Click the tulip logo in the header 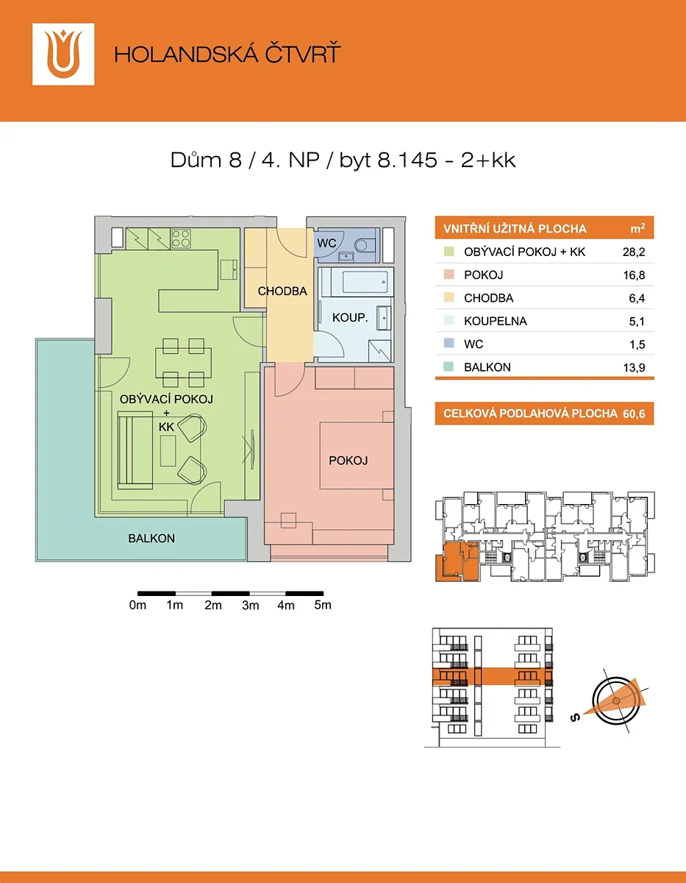pos(63,54)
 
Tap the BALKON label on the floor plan pos(151,539)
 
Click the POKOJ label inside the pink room pos(348,461)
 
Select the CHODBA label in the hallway pos(282,291)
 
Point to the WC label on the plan pos(326,243)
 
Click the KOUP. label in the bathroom pos(350,318)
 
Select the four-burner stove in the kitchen pos(181,239)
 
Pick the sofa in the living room pos(135,450)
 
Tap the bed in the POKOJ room pos(357,455)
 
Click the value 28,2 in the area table pos(634,252)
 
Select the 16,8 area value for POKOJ pos(634,275)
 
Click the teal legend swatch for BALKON pos(449,366)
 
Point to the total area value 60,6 pos(634,414)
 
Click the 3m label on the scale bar pos(251,606)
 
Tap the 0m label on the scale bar pos(137,606)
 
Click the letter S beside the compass pos(575,718)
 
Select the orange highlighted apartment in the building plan pos(457,561)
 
